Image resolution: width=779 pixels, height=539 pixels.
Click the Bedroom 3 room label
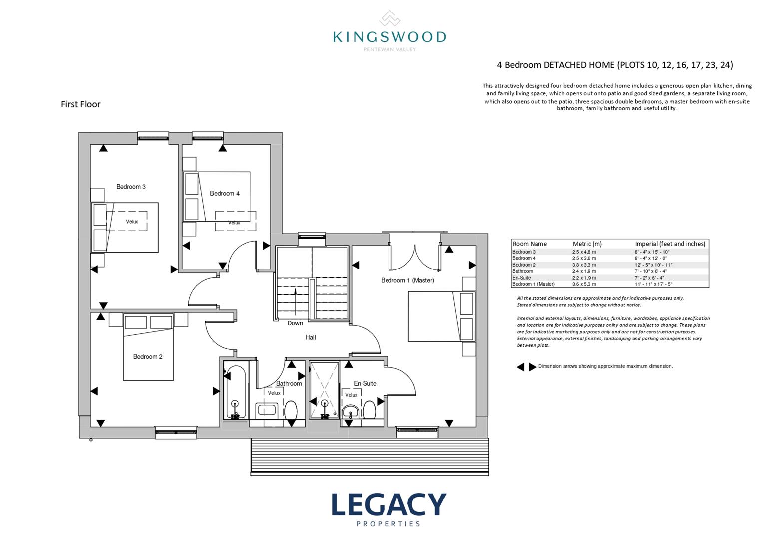tap(131, 187)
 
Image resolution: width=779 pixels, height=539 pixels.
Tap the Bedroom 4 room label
tap(225, 193)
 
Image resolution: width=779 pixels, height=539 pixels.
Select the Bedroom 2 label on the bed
tap(148, 356)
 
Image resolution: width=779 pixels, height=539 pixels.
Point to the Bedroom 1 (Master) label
tap(407, 280)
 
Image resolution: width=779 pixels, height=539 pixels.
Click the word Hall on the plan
tap(311, 337)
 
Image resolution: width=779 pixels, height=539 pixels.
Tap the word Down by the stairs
tap(295, 323)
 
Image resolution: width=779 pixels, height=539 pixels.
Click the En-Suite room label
tap(365, 383)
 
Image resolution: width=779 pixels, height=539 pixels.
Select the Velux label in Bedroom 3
tap(132, 222)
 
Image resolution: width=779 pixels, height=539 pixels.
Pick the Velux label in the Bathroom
tap(274, 393)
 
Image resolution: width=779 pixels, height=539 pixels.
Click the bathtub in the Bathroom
tap(235, 391)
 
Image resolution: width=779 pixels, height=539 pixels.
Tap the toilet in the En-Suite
tap(370, 410)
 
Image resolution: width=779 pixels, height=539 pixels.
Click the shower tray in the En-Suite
tap(325, 390)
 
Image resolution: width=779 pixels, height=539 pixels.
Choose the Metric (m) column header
tap(587, 244)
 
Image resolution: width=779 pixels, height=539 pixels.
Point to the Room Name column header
tap(530, 244)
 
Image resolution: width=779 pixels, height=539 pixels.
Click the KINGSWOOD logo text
tap(389, 37)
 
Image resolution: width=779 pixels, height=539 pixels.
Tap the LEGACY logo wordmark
tap(389, 504)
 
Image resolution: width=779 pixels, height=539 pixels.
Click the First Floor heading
tap(81, 104)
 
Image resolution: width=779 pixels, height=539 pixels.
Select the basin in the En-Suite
tap(350, 412)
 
